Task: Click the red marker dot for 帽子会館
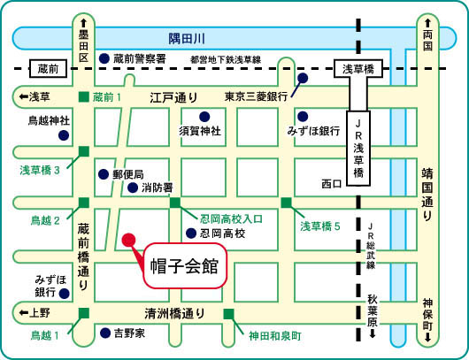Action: (x=129, y=240)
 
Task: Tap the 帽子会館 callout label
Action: (x=185, y=266)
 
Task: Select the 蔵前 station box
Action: (x=48, y=69)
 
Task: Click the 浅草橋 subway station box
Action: (x=358, y=69)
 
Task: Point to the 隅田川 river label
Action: (x=187, y=39)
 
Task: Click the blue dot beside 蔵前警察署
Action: (x=104, y=58)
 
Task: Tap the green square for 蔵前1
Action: (x=84, y=97)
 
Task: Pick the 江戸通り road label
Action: (x=173, y=97)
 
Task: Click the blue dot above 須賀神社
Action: (x=204, y=117)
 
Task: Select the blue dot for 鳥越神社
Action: (x=64, y=135)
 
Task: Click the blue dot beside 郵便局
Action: (x=104, y=174)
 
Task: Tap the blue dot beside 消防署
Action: (x=133, y=188)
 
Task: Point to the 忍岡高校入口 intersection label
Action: (x=231, y=219)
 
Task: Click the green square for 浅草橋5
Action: (x=286, y=203)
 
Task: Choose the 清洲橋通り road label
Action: (x=174, y=314)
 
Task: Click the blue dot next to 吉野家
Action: (x=105, y=333)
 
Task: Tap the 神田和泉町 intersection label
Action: (x=275, y=336)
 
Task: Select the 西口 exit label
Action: (x=332, y=184)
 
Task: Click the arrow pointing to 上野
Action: (x=24, y=313)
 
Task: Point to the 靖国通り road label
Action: (x=427, y=195)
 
